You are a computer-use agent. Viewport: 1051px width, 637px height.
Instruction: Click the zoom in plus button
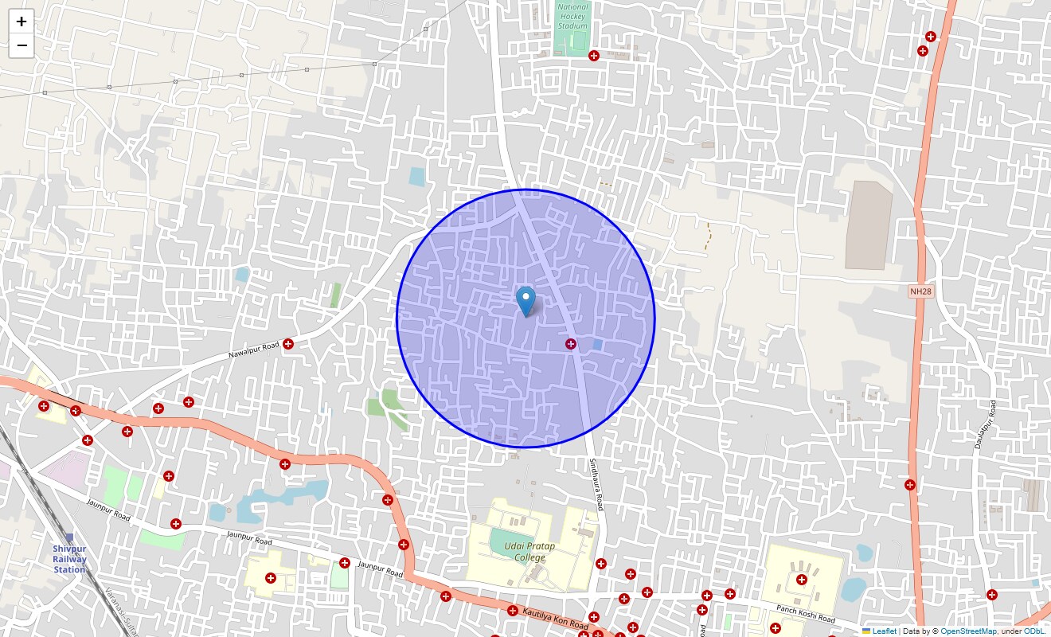(x=21, y=21)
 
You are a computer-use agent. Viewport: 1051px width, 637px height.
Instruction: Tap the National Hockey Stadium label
(x=572, y=16)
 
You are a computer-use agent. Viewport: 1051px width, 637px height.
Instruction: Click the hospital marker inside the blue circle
(x=570, y=344)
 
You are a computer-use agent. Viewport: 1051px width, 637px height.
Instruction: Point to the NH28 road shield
(x=920, y=291)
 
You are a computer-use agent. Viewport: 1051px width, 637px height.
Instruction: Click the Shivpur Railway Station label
(x=69, y=559)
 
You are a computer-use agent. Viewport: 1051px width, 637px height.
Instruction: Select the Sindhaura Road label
(x=596, y=483)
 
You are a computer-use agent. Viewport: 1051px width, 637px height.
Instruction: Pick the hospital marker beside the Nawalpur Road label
(x=288, y=344)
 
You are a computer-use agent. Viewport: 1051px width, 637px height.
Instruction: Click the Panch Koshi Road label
(x=806, y=614)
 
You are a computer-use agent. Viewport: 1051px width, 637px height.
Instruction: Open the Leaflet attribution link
(x=884, y=631)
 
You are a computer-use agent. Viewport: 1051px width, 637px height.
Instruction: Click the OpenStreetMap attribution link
(x=968, y=631)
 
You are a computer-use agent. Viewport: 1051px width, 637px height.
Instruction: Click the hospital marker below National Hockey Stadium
(x=593, y=56)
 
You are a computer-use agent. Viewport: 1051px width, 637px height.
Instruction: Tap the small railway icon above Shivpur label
(x=69, y=537)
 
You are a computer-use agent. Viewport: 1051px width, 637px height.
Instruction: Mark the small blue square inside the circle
(x=597, y=344)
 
